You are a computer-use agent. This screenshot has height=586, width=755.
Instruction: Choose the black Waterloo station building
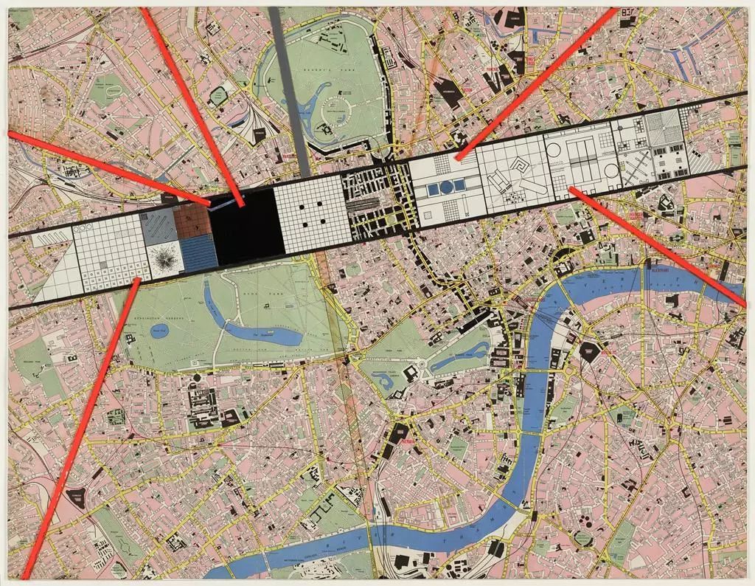(x=591, y=351)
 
